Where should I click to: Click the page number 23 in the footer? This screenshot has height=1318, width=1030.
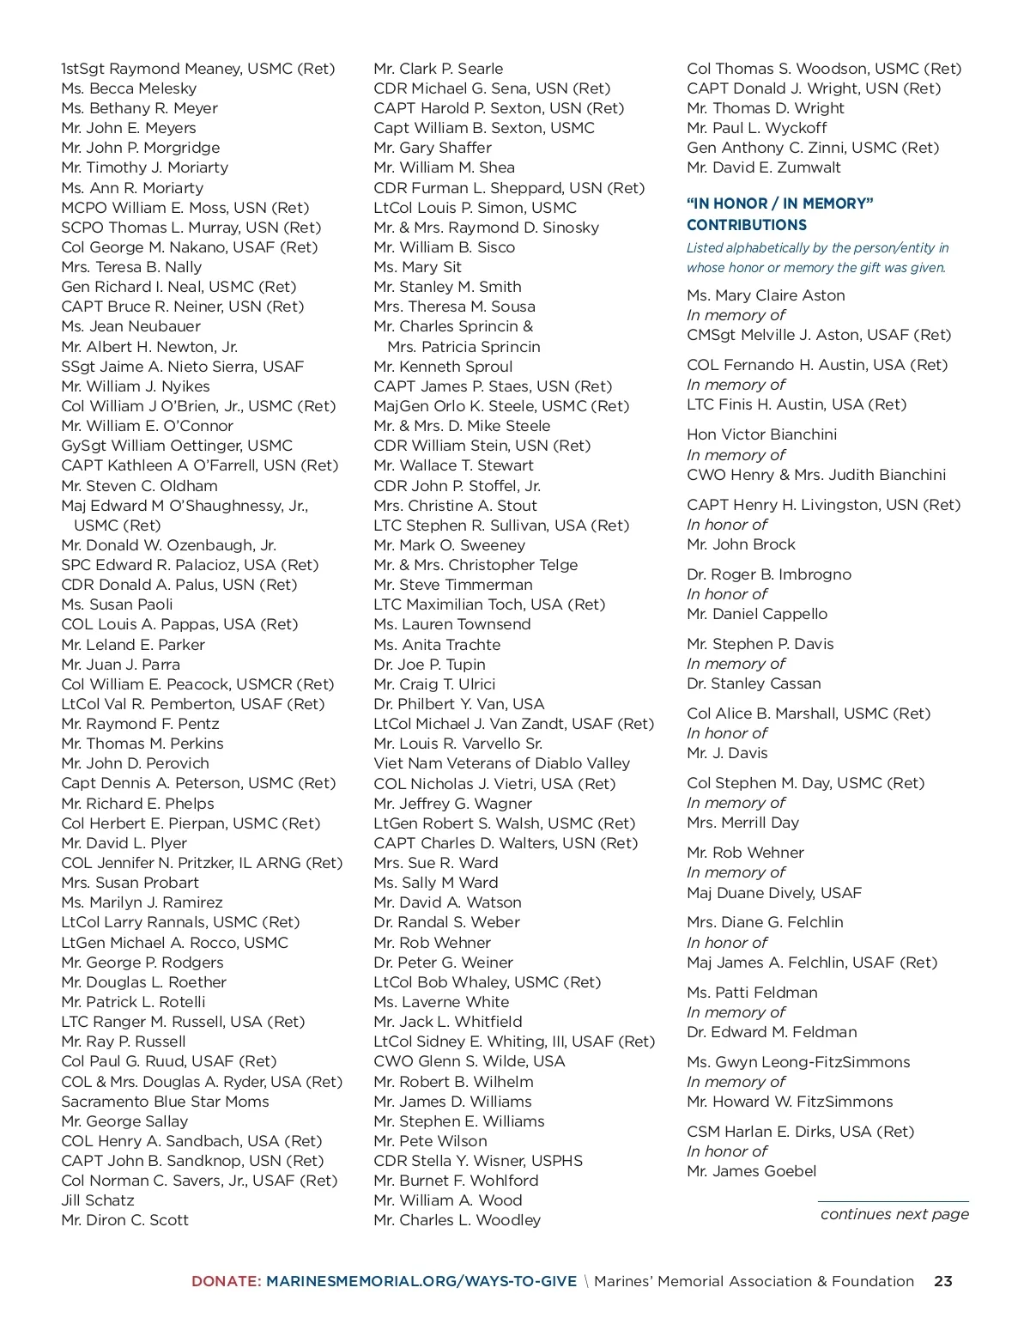coord(942,1281)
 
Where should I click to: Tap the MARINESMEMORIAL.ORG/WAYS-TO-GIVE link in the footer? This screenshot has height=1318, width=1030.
coord(421,1281)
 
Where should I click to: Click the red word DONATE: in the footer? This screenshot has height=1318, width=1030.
coord(226,1281)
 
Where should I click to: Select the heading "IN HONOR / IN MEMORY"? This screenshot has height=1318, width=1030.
coord(779,203)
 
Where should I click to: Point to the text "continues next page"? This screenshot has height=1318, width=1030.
coord(894,1214)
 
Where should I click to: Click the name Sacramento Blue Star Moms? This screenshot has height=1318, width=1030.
coord(165,1101)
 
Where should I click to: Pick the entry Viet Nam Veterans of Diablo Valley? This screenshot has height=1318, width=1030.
coord(501,763)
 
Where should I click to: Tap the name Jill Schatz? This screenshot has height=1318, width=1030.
coord(98,1200)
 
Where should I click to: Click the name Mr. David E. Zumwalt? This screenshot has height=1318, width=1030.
coord(763,167)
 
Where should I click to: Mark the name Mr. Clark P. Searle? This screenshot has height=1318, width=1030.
coord(438,69)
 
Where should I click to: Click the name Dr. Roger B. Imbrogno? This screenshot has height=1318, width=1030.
coord(768,574)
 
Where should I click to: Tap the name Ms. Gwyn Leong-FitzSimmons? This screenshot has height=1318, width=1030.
coord(798,1062)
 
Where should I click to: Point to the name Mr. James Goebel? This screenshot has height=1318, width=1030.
coord(751,1171)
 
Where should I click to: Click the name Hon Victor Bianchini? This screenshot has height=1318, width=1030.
coord(761,434)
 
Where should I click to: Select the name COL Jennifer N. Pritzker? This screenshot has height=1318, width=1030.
coord(201,863)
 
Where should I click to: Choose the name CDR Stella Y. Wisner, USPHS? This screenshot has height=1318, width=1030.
coord(477,1161)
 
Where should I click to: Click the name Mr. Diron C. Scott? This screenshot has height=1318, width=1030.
coord(124,1220)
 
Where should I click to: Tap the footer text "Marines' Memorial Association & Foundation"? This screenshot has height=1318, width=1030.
coord(754,1281)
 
